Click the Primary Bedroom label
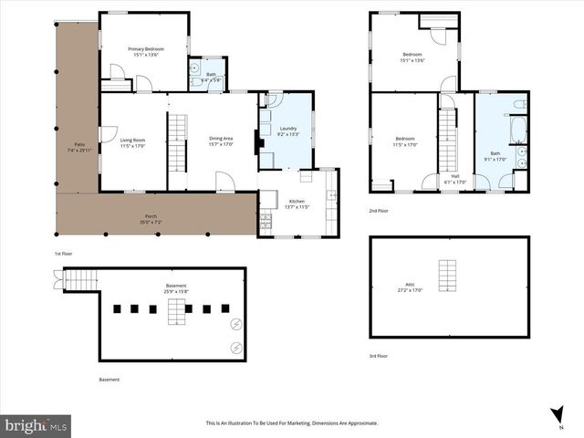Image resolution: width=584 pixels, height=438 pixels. tap(144, 51)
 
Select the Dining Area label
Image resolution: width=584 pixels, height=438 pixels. tap(222, 141)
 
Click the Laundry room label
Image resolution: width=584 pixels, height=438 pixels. tap(288, 130)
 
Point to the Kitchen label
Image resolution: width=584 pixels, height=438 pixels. tap(297, 203)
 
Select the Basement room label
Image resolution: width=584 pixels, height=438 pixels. tap(176, 288)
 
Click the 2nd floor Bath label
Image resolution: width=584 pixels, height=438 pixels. tap(495, 156)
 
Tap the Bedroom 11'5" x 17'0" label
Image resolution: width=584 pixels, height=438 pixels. tap(404, 141)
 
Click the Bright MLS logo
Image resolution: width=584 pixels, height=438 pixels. tap(36, 425)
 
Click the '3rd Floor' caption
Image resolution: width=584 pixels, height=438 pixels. tap(378, 356)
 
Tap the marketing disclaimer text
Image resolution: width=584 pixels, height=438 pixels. tap(292, 423)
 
